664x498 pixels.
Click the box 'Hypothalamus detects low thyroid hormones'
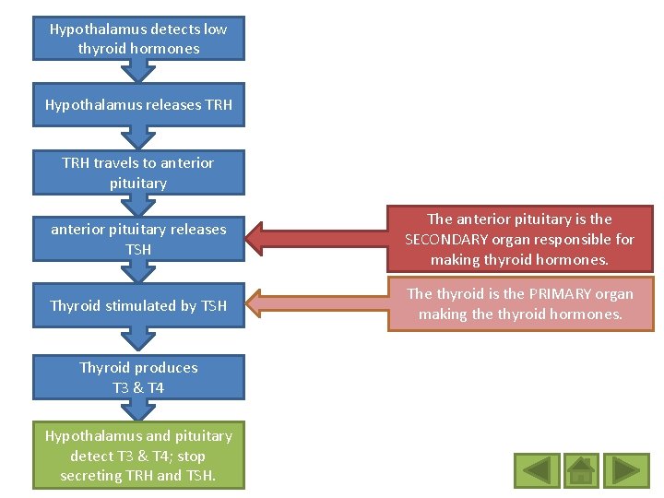coord(138,39)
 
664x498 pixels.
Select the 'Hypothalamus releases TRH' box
coord(138,105)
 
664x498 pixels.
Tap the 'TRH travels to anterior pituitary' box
coord(138,172)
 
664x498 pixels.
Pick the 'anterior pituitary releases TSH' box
coord(138,239)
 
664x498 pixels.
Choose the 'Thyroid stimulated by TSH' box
coord(138,305)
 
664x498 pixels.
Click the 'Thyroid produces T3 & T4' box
coord(138,377)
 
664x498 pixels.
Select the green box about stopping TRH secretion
coord(138,456)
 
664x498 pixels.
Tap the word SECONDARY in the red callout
coord(447,240)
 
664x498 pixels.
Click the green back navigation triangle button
coord(538,470)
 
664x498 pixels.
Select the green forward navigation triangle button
coord(631,470)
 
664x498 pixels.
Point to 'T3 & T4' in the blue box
coord(138,388)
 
